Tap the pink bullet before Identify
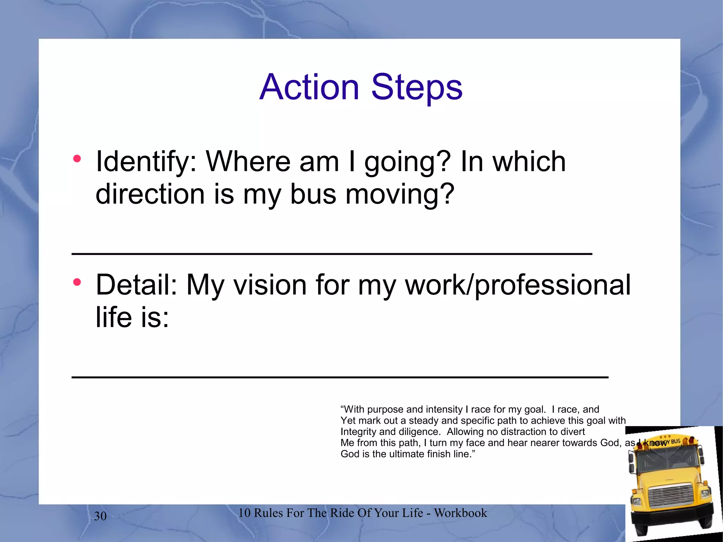click(77, 159)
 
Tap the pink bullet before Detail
click(77, 282)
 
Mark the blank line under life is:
click(340, 377)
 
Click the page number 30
click(100, 516)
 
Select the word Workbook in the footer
click(460, 513)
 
